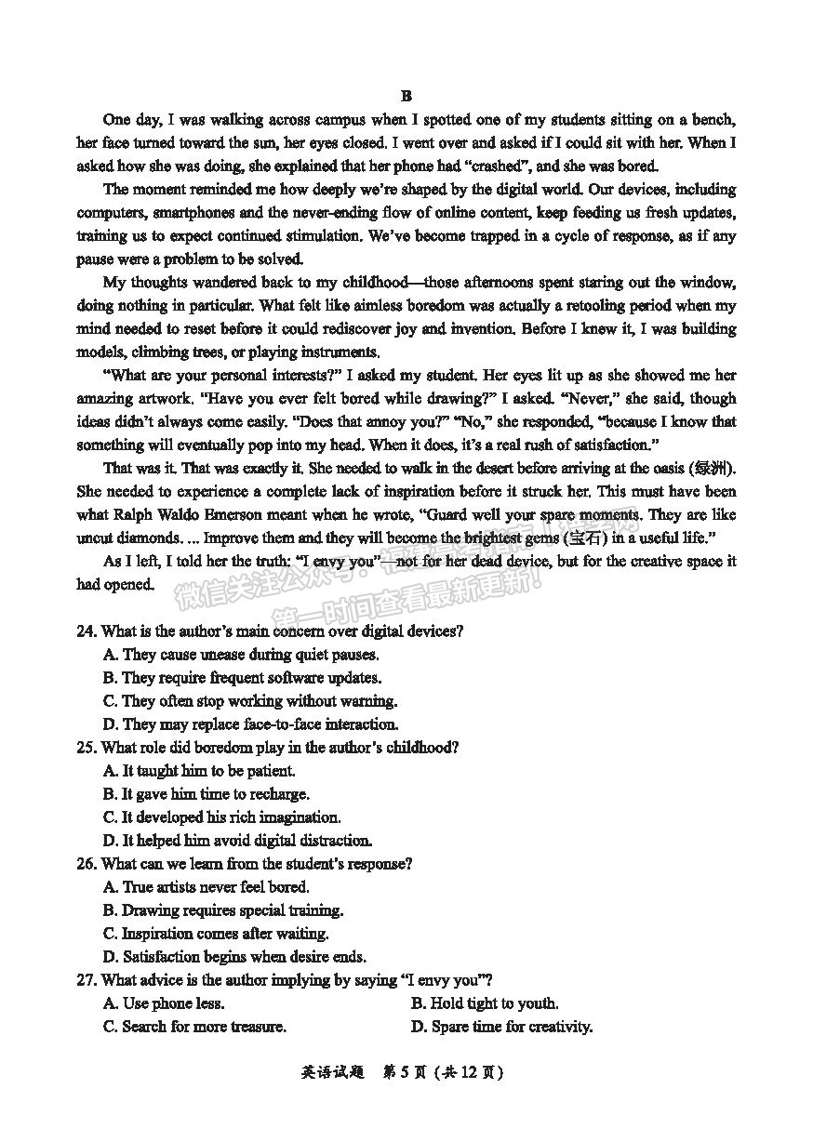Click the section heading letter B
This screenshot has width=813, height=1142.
tap(406, 96)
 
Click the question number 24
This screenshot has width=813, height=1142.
tap(86, 631)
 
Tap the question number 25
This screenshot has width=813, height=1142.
tap(86, 748)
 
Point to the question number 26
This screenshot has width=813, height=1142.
tap(86, 864)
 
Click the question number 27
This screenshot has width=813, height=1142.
tap(86, 980)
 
